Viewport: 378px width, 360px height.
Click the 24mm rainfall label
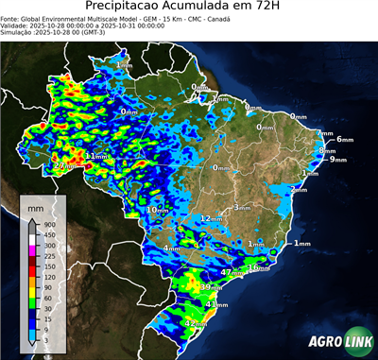coord(63,166)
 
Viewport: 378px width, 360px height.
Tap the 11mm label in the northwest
coord(96,156)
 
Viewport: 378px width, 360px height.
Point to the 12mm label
coord(210,218)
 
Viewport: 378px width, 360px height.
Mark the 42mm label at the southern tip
coord(195,324)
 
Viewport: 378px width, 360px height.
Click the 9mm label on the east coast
coord(337,160)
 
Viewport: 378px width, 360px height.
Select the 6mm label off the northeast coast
coord(344,140)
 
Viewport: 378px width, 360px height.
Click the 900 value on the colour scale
coord(50,225)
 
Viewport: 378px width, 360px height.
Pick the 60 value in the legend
coord(50,298)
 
